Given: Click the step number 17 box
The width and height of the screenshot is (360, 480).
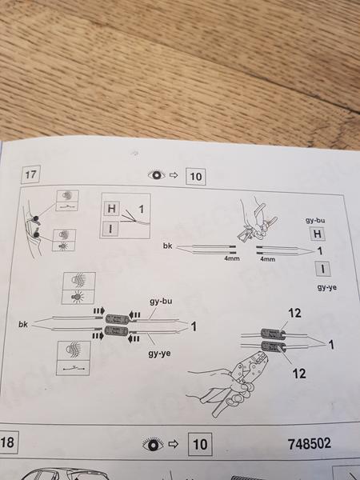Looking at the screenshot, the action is point(30,174).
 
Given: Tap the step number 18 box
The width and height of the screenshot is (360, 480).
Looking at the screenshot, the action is point(8,442).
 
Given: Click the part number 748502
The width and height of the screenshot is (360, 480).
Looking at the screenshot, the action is point(309,443).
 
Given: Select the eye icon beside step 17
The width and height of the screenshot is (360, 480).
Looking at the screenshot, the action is point(157,175).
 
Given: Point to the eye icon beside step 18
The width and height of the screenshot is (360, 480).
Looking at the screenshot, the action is point(153,445).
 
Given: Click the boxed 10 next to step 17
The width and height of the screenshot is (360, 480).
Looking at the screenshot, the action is point(196,177).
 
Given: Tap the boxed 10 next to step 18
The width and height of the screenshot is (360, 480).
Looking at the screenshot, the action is point(200,444).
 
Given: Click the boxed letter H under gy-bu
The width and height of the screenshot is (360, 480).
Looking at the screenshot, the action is point(317,234).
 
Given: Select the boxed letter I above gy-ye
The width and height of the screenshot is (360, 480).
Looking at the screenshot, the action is point(322,270).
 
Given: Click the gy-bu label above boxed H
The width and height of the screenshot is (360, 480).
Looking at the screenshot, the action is point(315,220).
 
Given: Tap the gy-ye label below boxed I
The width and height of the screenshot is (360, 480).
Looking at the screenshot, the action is point(326,287).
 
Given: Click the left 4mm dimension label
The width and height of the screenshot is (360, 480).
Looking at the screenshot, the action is point(232,258).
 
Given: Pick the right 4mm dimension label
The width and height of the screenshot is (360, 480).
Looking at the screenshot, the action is point(267,259).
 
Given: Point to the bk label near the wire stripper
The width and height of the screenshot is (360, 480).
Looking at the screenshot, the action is point(167,246).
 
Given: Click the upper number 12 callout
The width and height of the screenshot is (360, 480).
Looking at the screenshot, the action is point(294,313).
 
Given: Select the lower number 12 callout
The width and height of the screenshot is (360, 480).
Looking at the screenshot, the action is point(298,373).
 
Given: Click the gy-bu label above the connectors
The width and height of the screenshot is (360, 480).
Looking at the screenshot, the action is point(161,302).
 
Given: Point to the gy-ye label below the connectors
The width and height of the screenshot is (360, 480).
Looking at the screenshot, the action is point(159,354).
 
